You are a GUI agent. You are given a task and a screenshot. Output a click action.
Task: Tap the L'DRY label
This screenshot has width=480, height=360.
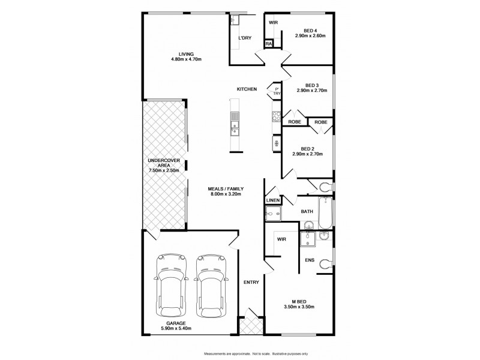[x=245, y=38]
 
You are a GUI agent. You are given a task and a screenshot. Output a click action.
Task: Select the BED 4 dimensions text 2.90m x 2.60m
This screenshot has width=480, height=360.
[x=310, y=36]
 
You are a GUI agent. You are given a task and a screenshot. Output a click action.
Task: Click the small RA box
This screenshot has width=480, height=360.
[x=269, y=44]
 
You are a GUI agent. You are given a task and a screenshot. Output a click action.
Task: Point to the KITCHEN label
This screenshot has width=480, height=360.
[x=247, y=89]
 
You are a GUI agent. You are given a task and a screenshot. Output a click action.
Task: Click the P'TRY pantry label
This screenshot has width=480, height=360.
[x=277, y=92]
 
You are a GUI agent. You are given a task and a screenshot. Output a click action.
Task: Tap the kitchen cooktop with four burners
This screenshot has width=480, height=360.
[x=277, y=116]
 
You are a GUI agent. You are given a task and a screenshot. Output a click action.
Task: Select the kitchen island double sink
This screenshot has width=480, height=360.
[x=235, y=127]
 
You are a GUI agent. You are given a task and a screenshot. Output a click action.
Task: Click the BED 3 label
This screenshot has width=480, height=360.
[x=311, y=85]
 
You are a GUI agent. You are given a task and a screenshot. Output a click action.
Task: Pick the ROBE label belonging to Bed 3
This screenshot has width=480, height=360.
[x=295, y=122]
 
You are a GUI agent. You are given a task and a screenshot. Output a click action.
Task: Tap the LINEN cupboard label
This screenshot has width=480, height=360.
[x=273, y=200]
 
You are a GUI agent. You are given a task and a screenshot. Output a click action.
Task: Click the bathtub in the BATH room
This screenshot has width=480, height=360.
[x=325, y=213]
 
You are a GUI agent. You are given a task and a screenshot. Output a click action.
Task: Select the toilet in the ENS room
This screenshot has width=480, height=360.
[x=324, y=262]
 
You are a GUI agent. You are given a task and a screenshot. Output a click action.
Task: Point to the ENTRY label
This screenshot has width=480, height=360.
[x=251, y=282]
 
